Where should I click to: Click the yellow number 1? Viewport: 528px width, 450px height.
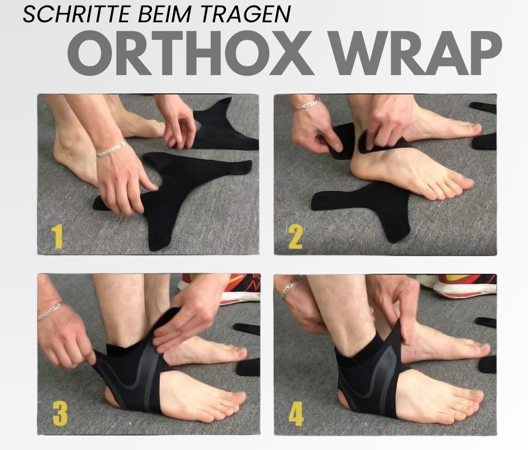pyautogui.click(x=58, y=236)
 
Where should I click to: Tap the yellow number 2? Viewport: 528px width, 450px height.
pyautogui.click(x=295, y=236)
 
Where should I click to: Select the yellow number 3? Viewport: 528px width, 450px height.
pyautogui.click(x=60, y=413)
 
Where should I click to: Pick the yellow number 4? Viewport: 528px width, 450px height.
pyautogui.click(x=296, y=414)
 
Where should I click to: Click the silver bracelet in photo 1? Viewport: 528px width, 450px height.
pyautogui.click(x=111, y=149)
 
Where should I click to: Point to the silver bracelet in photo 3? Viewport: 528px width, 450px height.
pyautogui.click(x=50, y=310)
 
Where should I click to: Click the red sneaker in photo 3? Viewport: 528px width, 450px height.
pyautogui.click(x=235, y=289)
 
